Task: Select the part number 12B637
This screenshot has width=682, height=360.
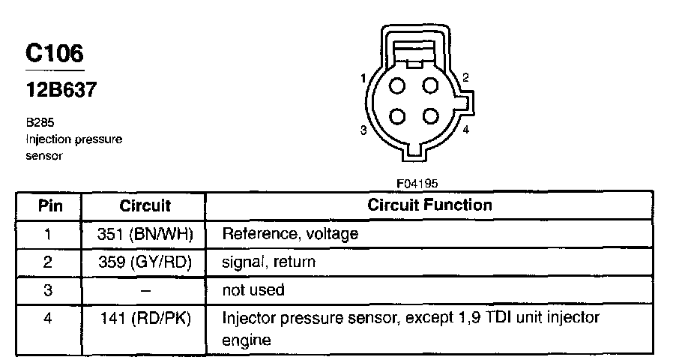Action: [61, 90]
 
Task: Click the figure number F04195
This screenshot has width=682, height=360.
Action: [417, 182]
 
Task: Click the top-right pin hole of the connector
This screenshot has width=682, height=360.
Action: [430, 85]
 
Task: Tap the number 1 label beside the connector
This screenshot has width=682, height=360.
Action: [363, 79]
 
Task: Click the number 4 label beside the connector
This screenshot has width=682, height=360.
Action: [465, 130]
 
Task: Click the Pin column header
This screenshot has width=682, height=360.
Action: [50, 205]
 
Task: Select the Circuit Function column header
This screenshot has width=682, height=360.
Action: [429, 205]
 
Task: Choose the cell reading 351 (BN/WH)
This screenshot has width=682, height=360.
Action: [145, 234]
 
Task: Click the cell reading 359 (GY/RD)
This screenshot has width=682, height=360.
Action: [145, 262]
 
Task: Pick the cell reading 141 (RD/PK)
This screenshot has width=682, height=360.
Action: [145, 319]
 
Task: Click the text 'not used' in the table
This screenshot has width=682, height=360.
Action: [253, 289]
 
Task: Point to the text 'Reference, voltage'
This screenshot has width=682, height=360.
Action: [290, 234]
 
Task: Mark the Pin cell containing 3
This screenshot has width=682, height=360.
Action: [48, 289]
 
